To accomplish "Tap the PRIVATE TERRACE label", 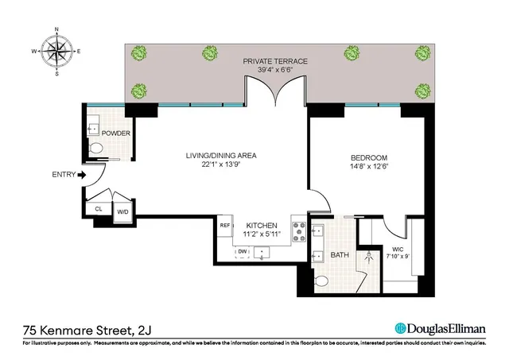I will pos(275,61).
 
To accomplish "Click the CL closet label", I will pos(99,209).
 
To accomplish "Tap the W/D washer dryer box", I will pos(122,211).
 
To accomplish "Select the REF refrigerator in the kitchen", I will pos(224,226).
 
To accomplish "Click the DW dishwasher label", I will pos(242,252).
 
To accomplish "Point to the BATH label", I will pos(340,254).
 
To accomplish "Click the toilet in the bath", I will pos(322,281).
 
